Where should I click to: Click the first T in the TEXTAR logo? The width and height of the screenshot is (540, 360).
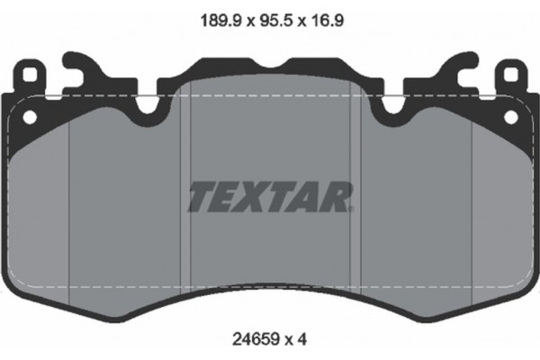click(201, 195)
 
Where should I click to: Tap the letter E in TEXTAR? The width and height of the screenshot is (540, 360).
click(229, 195)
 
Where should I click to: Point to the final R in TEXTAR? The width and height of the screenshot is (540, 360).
click(338, 195)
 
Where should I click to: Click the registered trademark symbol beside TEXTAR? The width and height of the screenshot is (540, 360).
click(352, 208)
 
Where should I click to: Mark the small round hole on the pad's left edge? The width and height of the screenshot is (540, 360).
click(28, 117)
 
